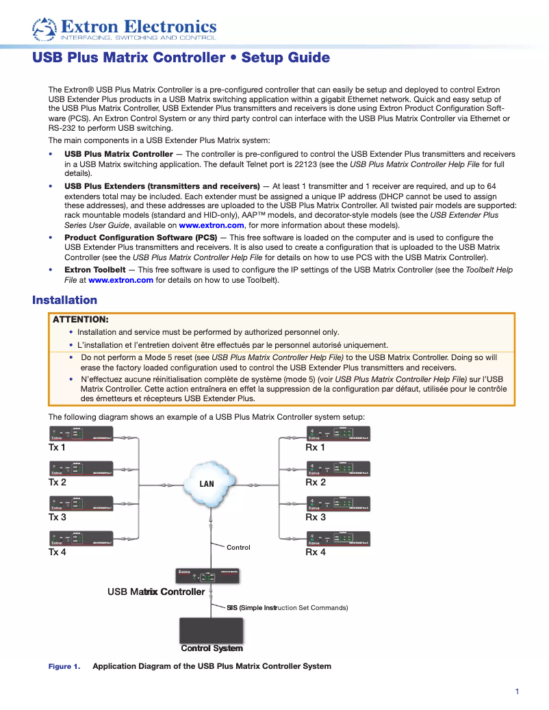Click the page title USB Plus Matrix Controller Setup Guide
coord(181,58)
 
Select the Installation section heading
coord(65,300)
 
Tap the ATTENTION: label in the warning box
coord(81,319)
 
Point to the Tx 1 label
coord(57,447)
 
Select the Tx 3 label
coord(57,517)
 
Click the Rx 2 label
coord(316,482)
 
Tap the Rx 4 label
coord(316,552)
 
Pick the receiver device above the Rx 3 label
coord(337,504)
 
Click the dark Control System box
coord(211,630)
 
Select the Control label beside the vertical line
coord(238,547)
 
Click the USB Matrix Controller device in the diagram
coord(210,575)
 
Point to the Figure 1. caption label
coord(64,666)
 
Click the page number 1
coord(517,692)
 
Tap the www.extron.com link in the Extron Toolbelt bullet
coord(120,280)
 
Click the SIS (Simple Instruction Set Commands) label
coord(288,607)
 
